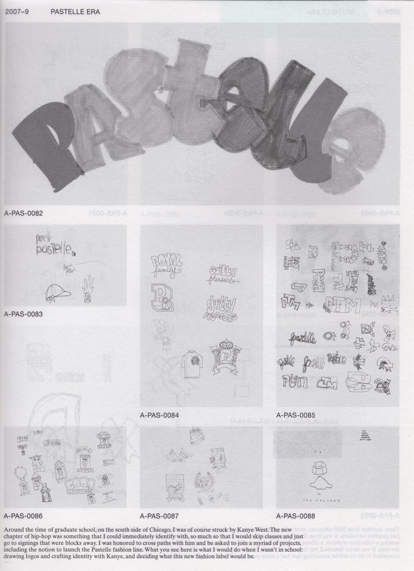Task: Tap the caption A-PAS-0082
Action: coord(23,213)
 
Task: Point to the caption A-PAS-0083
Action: coord(23,314)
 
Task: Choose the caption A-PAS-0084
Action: coord(159,415)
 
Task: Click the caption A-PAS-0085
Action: coord(295,415)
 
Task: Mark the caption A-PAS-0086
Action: coord(23,516)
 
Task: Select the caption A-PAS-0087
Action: coord(159,516)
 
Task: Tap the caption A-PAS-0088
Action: coord(295,516)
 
